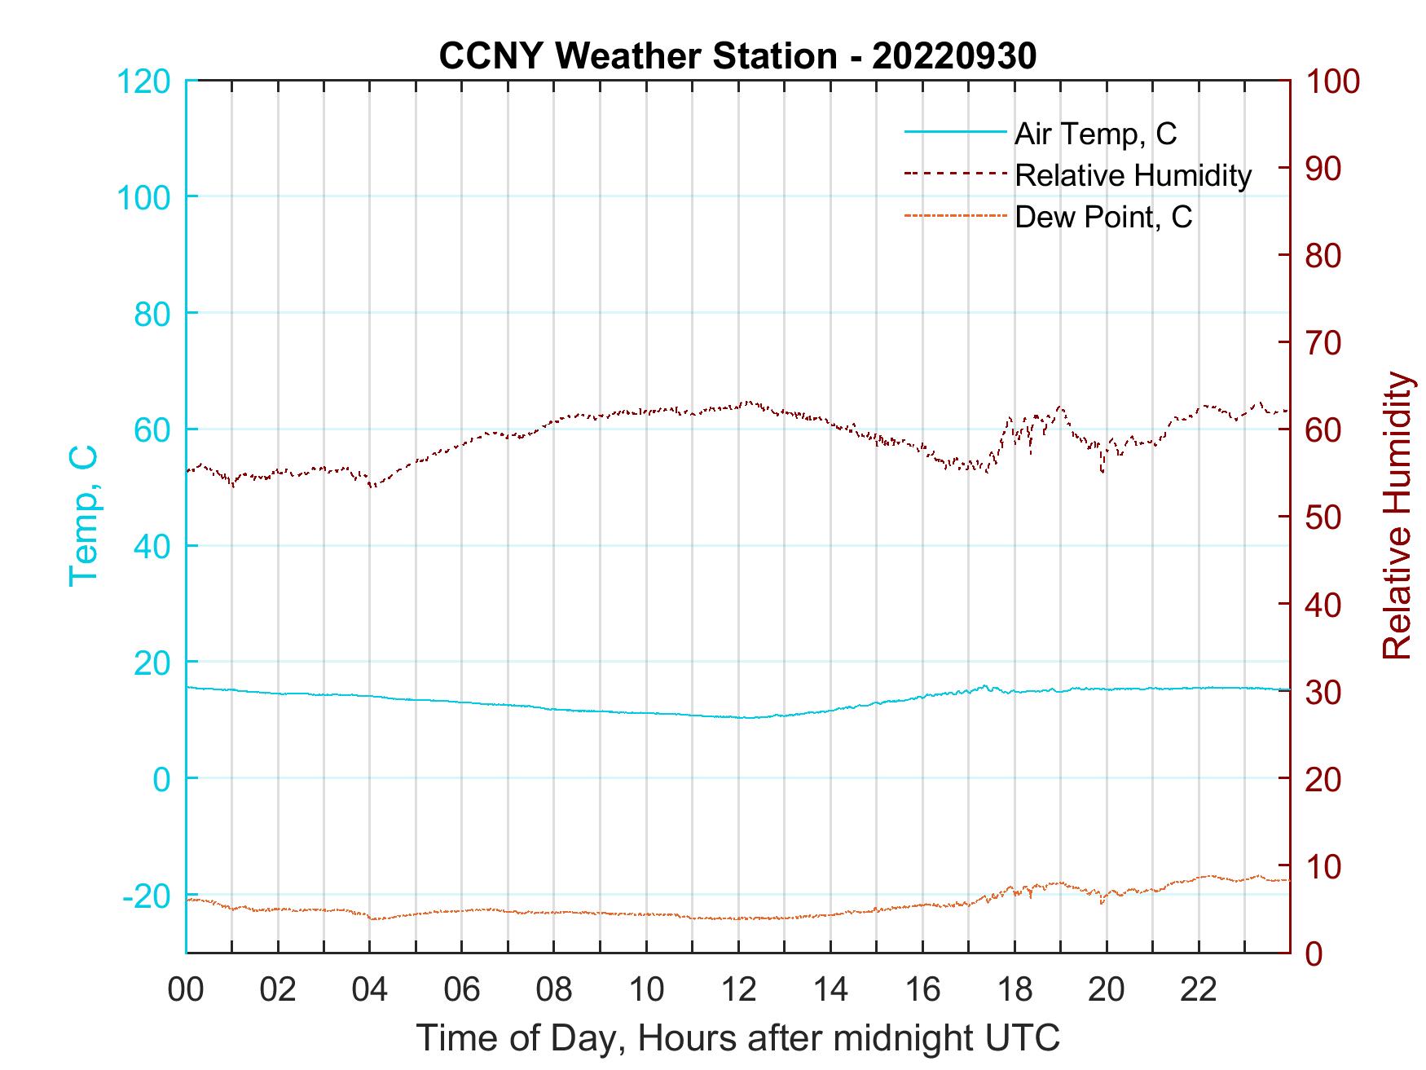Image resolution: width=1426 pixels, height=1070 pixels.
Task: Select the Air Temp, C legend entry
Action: pyautogui.click(x=1094, y=134)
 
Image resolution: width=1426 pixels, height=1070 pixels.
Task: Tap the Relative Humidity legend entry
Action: pyautogui.click(x=1132, y=175)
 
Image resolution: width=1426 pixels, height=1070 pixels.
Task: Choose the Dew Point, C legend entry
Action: pyautogui.click(x=1103, y=218)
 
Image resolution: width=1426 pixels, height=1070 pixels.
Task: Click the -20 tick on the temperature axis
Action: pyautogui.click(x=147, y=896)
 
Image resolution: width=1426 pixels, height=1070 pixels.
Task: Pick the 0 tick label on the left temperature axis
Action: pyautogui.click(x=162, y=779)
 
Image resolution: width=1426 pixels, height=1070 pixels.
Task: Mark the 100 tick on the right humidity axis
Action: pyautogui.click(x=1332, y=81)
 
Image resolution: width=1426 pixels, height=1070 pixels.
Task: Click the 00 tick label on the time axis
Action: pyautogui.click(x=186, y=990)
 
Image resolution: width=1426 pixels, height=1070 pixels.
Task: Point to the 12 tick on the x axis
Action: pyautogui.click(x=738, y=990)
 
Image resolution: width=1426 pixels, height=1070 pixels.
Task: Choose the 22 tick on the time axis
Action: pyautogui.click(x=1199, y=990)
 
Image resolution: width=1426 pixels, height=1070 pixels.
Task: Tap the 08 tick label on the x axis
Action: pyautogui.click(x=554, y=990)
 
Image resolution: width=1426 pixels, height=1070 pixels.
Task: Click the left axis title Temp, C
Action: pyautogui.click(x=83, y=515)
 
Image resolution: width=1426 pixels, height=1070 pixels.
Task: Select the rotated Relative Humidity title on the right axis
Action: pyautogui.click(x=1397, y=515)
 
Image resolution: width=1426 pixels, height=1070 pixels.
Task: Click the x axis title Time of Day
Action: pyautogui.click(x=738, y=1038)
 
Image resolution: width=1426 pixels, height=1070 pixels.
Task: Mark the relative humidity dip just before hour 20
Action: pyautogui.click(x=1103, y=471)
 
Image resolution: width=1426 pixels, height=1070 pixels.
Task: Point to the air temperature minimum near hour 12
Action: pyautogui.click(x=746, y=718)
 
